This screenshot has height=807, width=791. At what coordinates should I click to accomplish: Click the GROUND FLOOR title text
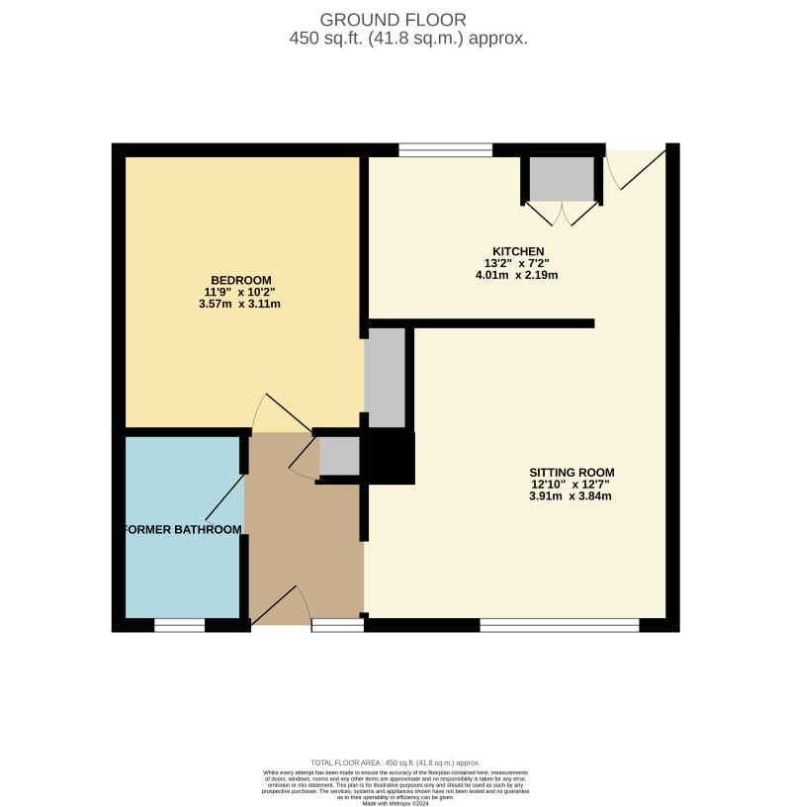pos(393,20)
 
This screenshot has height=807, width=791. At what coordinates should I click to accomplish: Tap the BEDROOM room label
pos(240,280)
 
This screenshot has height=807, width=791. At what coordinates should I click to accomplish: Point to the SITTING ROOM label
pos(572,472)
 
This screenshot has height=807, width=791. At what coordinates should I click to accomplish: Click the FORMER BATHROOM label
pos(183,530)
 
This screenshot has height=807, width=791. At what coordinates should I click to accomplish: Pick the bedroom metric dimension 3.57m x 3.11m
pos(240,304)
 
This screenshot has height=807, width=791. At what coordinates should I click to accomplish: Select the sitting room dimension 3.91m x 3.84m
pos(572,496)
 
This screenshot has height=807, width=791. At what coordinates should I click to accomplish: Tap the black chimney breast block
pos(392,458)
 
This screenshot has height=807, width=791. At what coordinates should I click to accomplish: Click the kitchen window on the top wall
pos(445,150)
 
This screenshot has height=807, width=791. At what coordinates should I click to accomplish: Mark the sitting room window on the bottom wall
pos(560,625)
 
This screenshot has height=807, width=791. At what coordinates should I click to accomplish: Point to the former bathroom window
pos(179,625)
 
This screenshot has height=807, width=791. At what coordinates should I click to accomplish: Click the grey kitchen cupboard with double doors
pos(562,178)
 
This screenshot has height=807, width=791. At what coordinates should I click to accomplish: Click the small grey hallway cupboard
pos(339,456)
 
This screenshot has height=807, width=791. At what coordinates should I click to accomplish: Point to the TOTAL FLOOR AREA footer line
pos(395,762)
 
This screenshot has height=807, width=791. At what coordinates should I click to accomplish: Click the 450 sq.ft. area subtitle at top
pos(408,40)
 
